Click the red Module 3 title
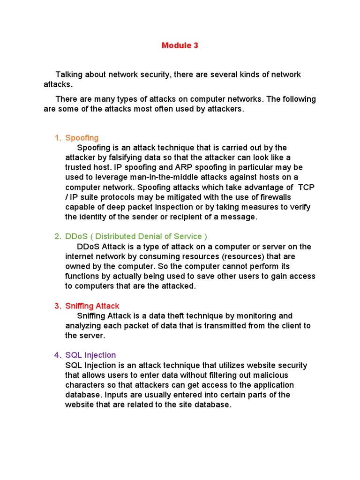180,45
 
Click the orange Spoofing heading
82,138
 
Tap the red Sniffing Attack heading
92,306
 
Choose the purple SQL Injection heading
90,355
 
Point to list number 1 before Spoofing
57,138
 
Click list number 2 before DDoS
57,236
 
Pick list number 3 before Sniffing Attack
57,306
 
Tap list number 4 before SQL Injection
57,355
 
